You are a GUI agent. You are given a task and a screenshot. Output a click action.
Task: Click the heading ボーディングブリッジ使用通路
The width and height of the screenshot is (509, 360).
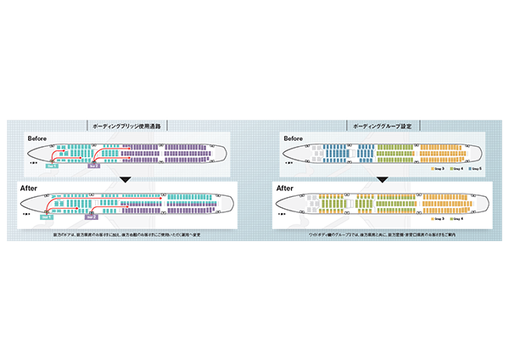[x=127, y=125]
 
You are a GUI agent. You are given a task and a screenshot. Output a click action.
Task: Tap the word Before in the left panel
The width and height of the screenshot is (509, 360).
[x=38, y=137]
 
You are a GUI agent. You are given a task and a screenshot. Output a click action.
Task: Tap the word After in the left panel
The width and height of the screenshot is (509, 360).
[x=36, y=188]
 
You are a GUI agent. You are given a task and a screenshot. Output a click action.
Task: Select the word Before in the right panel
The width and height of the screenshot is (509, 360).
[x=293, y=137]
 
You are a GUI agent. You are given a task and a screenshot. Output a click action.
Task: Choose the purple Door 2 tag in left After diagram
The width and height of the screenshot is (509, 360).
[x=92, y=217]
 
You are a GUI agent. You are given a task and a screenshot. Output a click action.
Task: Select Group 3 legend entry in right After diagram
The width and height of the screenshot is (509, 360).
[x=437, y=220]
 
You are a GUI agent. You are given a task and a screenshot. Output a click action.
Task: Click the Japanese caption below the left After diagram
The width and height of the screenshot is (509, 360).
[x=127, y=233]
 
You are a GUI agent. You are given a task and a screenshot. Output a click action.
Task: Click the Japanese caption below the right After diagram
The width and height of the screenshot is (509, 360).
[x=382, y=233]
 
